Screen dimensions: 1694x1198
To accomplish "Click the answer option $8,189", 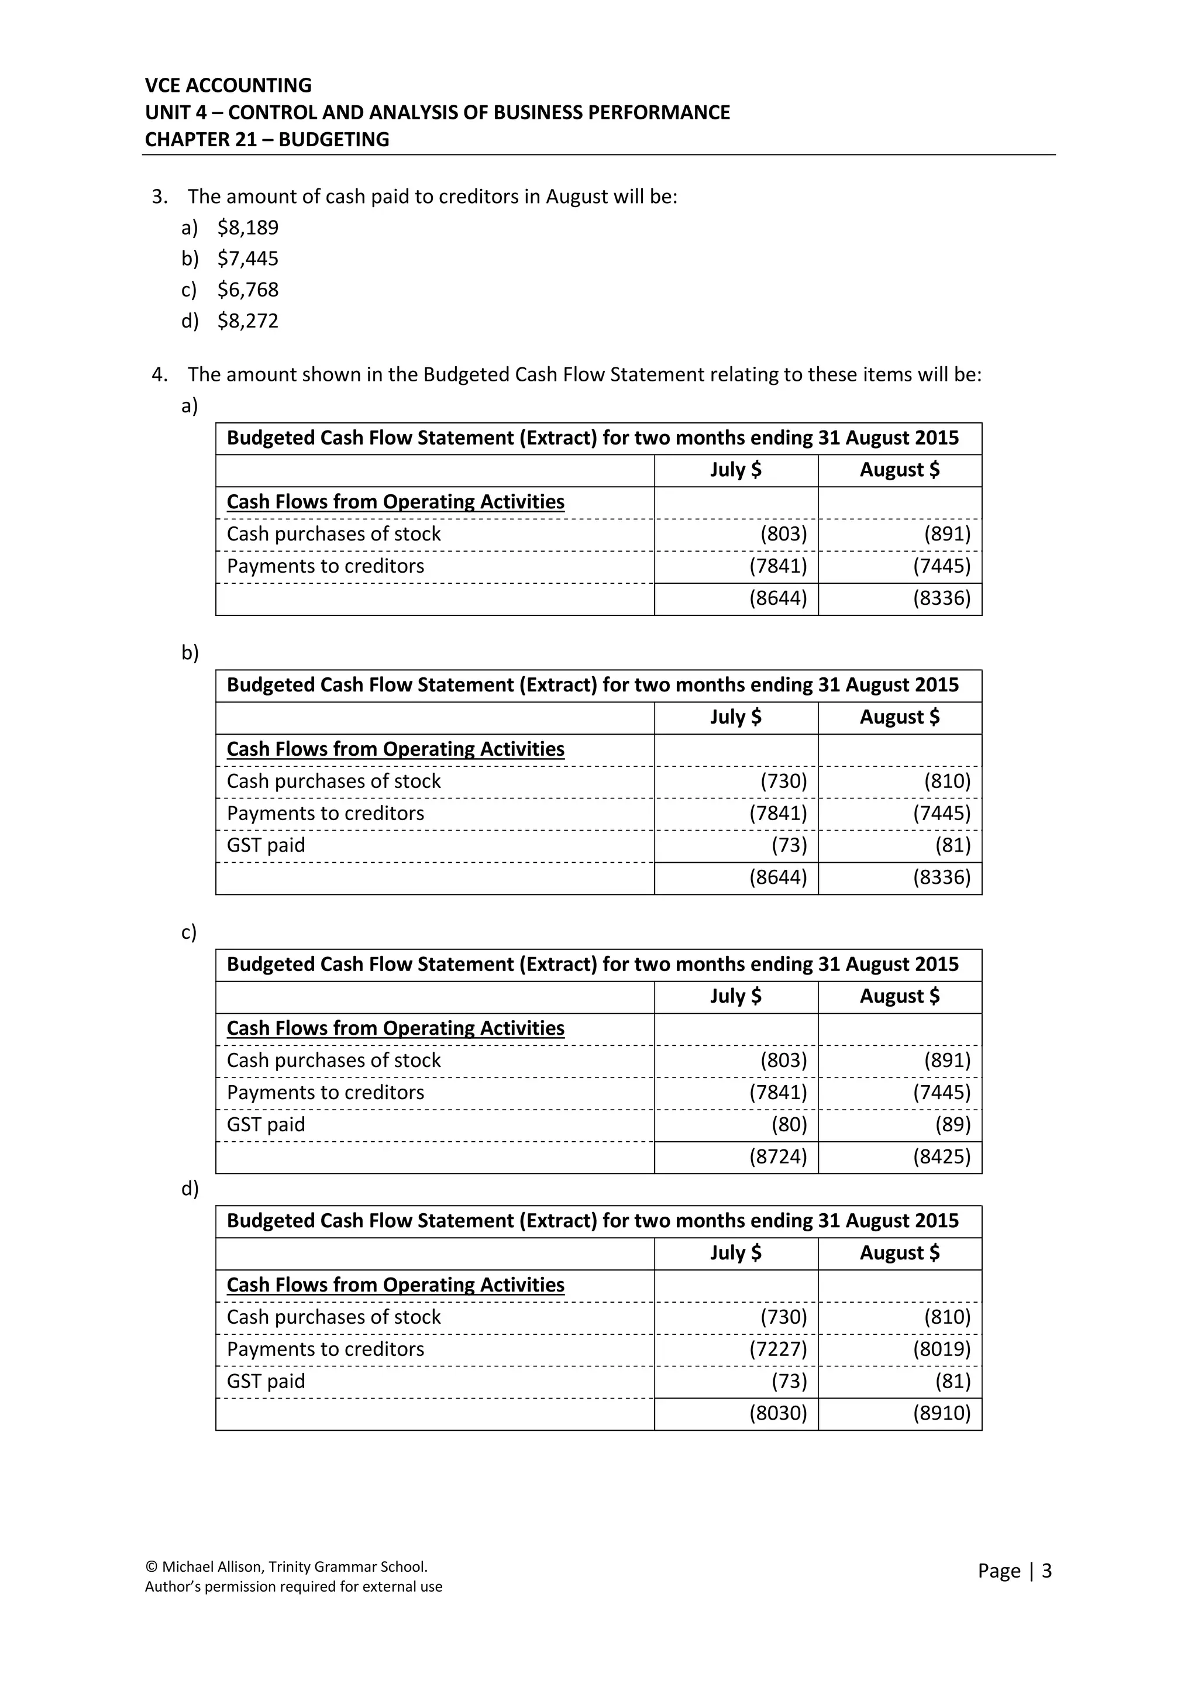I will tap(248, 227).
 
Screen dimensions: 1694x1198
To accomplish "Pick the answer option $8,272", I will tap(248, 321).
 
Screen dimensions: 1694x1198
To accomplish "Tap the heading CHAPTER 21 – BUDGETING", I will tap(267, 139).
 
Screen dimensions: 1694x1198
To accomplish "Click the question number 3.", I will tap(159, 197).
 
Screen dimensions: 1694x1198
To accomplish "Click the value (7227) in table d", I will tap(778, 1349).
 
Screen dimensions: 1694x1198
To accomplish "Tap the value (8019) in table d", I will tap(941, 1349).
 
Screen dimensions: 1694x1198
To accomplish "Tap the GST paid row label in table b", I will tap(266, 845).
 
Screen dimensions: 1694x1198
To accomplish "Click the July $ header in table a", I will tap(735, 470).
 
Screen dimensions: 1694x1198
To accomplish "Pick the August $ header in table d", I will tap(899, 1253).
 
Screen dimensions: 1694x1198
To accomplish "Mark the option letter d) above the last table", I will tap(190, 1189).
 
